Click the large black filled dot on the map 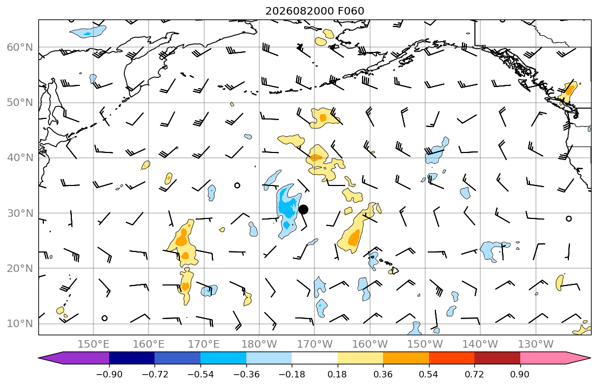(303, 209)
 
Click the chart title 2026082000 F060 (315, 11)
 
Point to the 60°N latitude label (20, 47)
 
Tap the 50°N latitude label (20, 103)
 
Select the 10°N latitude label (20, 324)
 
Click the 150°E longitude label (93, 344)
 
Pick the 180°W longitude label (259, 344)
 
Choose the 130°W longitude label (536, 344)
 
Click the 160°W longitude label (370, 344)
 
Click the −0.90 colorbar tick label (109, 374)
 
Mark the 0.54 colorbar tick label (429, 374)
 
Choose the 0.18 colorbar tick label (337, 374)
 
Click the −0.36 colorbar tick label (246, 374)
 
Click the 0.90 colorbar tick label (520, 374)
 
